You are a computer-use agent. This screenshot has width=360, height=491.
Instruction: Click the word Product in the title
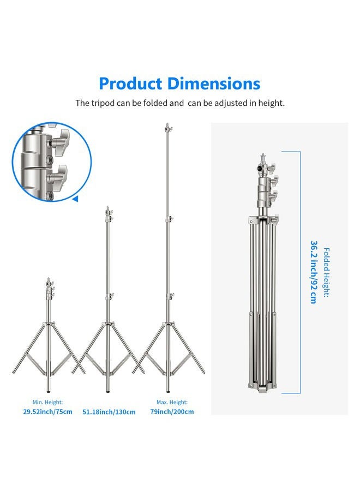click(130, 84)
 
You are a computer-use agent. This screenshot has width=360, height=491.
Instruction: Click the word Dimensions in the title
click(214, 84)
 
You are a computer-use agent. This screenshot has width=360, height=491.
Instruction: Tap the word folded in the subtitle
click(154, 103)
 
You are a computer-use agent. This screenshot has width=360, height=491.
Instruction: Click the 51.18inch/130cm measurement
click(109, 412)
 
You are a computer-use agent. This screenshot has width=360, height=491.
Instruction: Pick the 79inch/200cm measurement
click(172, 412)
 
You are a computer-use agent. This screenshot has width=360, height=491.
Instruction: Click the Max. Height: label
click(172, 402)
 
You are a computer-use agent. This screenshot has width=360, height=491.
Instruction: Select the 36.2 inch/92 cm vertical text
click(314, 272)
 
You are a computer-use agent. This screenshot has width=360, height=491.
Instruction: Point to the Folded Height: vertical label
click(327, 272)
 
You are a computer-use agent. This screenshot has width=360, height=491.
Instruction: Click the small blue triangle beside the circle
click(75, 199)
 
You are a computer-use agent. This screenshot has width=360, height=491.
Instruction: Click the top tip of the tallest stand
click(166, 125)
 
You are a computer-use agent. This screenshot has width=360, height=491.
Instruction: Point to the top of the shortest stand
click(49, 279)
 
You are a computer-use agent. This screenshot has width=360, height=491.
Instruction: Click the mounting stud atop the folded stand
click(261, 159)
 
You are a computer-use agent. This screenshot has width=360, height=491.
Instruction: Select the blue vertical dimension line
click(299, 272)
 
